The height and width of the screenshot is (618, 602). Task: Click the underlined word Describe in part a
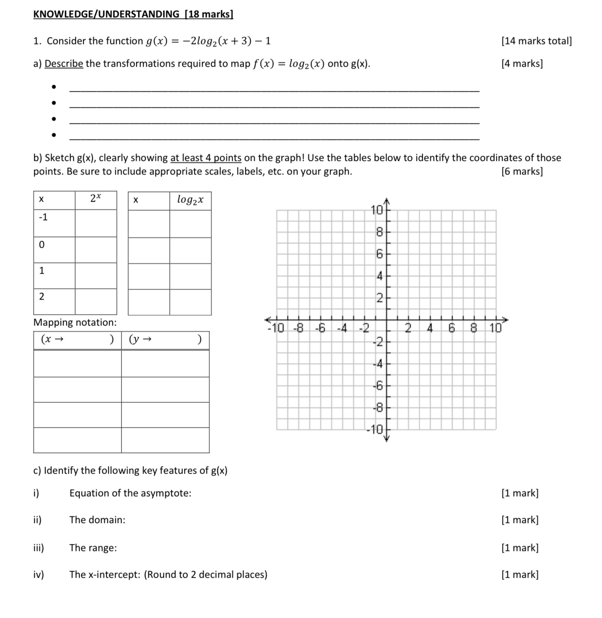point(64,64)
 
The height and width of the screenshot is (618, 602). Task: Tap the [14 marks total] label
point(536,41)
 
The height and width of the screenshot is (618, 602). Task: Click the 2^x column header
point(95,200)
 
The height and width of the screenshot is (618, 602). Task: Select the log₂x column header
point(190,200)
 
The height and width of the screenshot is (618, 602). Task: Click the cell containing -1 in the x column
point(54,223)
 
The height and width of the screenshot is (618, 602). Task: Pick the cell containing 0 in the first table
point(54,249)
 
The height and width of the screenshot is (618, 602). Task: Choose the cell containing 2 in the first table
point(54,301)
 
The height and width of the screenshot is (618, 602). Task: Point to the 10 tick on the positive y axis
point(377,210)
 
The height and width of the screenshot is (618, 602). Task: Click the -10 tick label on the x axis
point(276,328)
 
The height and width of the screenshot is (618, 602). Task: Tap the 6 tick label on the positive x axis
point(451,328)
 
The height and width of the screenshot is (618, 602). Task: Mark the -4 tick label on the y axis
point(378,364)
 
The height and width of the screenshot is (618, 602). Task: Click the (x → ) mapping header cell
point(77,340)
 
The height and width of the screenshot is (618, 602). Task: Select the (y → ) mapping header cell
point(165,340)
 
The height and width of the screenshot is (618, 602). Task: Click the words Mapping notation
point(75,323)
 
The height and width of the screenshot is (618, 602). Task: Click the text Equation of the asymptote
point(130,493)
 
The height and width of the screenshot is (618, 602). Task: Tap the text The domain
point(97,520)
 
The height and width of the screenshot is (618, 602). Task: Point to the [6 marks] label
point(522,172)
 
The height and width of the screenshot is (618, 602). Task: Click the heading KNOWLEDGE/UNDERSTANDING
point(106,14)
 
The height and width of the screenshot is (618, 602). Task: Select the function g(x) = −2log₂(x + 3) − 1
point(208,41)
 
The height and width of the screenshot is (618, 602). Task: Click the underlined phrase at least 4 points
point(206,158)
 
